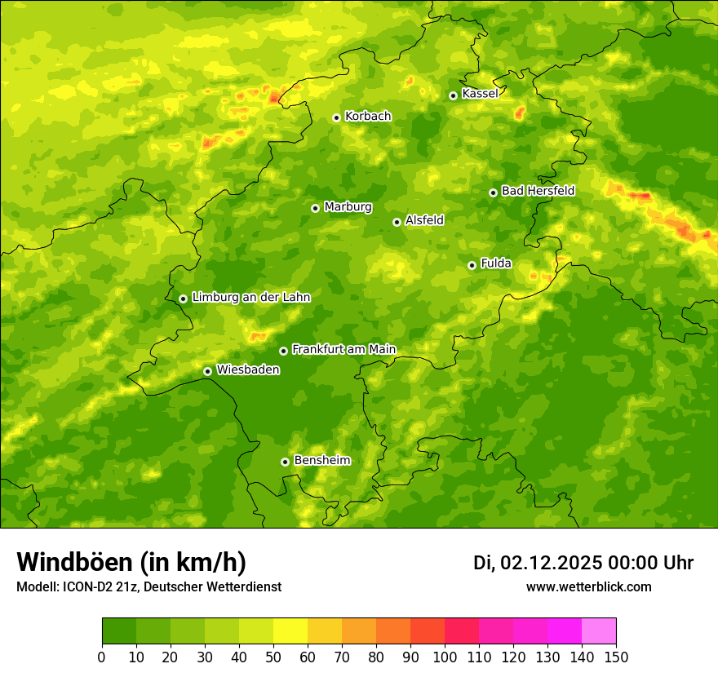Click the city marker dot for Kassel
pos(453,95)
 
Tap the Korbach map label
pos(368,117)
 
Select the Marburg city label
pos(348,207)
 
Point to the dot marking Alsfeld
pos(397,222)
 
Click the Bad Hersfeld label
pos(538,191)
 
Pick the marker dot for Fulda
pos(472,265)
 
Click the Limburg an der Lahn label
pos(250,298)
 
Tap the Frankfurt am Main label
pos(343,350)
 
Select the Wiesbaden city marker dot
pos(207,371)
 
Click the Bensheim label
pos(321,461)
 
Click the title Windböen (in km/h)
pos(131,563)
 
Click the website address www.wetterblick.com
pos(588,587)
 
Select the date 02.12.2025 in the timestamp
pos(552,563)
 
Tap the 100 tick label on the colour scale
pos(445,657)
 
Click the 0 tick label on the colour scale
pos(102,657)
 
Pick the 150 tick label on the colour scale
pos(616,657)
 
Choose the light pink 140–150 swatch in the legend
pos(599,631)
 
